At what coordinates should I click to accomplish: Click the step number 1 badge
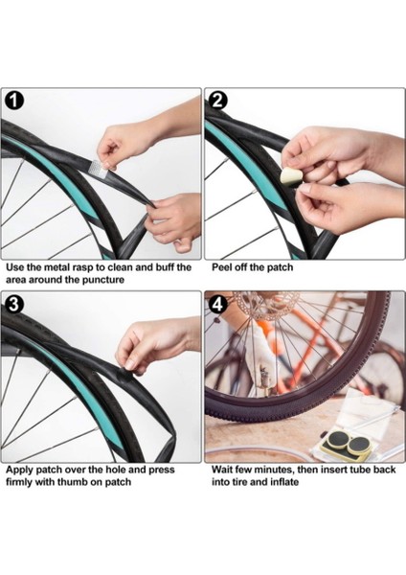tap(13, 101)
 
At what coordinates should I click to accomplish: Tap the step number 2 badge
tap(217, 100)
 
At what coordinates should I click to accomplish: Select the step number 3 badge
tap(13, 304)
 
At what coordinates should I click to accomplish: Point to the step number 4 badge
tap(217, 304)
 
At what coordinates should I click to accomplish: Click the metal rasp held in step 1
tap(99, 166)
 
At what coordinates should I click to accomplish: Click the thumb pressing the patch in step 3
tap(129, 364)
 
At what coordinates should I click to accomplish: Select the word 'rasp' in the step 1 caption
tap(83, 267)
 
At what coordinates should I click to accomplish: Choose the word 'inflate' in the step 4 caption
tap(284, 481)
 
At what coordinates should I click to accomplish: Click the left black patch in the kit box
tap(337, 439)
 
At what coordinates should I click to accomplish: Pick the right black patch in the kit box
tap(358, 445)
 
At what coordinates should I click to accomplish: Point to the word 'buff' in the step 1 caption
tap(166, 267)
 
